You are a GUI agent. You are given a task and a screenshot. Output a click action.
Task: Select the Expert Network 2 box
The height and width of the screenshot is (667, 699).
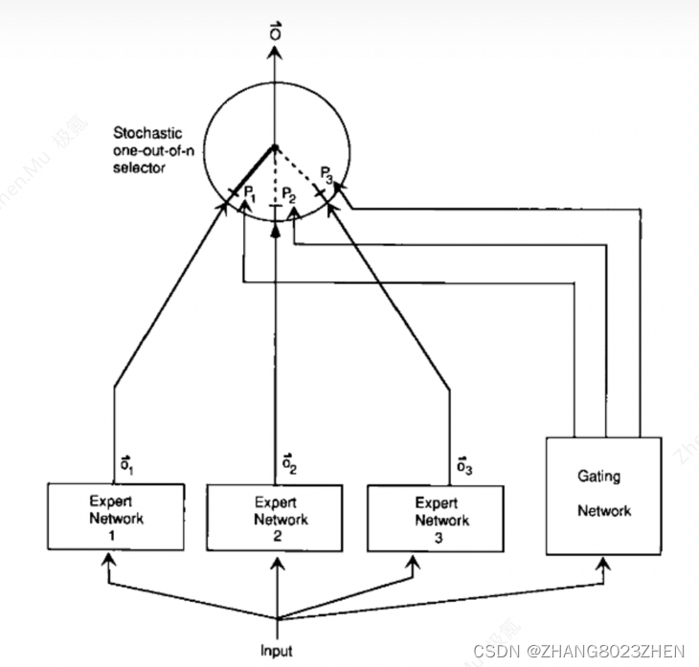(x=276, y=518)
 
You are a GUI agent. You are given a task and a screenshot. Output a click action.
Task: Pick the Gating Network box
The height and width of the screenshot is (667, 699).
(x=603, y=495)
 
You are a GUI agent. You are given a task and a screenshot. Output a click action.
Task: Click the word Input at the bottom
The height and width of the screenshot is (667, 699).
(x=277, y=651)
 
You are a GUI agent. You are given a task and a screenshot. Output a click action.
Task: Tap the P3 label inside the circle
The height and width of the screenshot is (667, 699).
(x=328, y=174)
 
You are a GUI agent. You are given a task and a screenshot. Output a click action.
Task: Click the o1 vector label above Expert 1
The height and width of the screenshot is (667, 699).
(x=126, y=465)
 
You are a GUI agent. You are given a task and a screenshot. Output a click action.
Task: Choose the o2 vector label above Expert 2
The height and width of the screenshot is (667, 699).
(x=288, y=465)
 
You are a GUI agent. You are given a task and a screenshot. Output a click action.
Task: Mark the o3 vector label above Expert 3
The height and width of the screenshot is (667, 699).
(x=462, y=465)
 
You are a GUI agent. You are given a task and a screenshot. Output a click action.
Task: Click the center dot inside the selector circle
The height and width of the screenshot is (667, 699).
(x=276, y=146)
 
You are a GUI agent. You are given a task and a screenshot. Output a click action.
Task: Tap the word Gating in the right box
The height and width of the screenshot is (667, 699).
(x=598, y=476)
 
